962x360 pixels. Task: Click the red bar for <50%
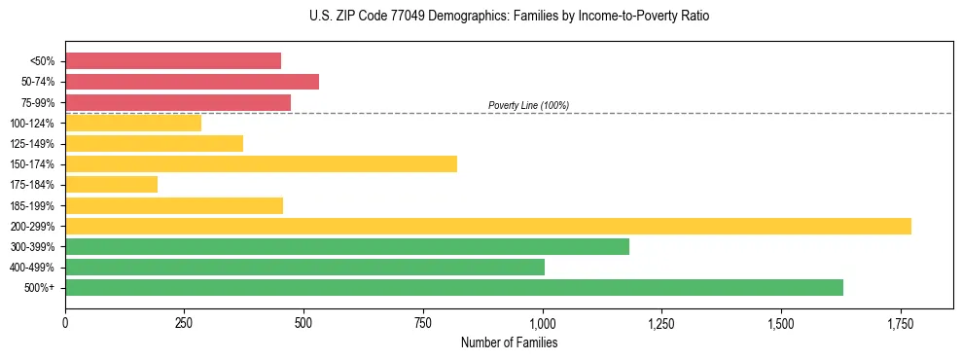coord(173,61)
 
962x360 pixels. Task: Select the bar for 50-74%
coord(192,82)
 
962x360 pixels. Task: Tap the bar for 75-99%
coord(178,102)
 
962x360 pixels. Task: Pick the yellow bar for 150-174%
coord(261,163)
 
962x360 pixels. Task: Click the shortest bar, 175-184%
coord(111,185)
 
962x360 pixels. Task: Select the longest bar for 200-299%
coord(488,226)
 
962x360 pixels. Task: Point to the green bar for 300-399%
coord(347,246)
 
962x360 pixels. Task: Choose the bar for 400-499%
coord(304,267)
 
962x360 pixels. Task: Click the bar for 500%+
coord(454,287)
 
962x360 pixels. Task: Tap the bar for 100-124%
coord(133,123)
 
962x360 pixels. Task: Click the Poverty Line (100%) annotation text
coord(528,105)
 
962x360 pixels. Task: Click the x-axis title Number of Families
coord(509,342)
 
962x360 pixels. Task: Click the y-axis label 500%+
coord(40,288)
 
